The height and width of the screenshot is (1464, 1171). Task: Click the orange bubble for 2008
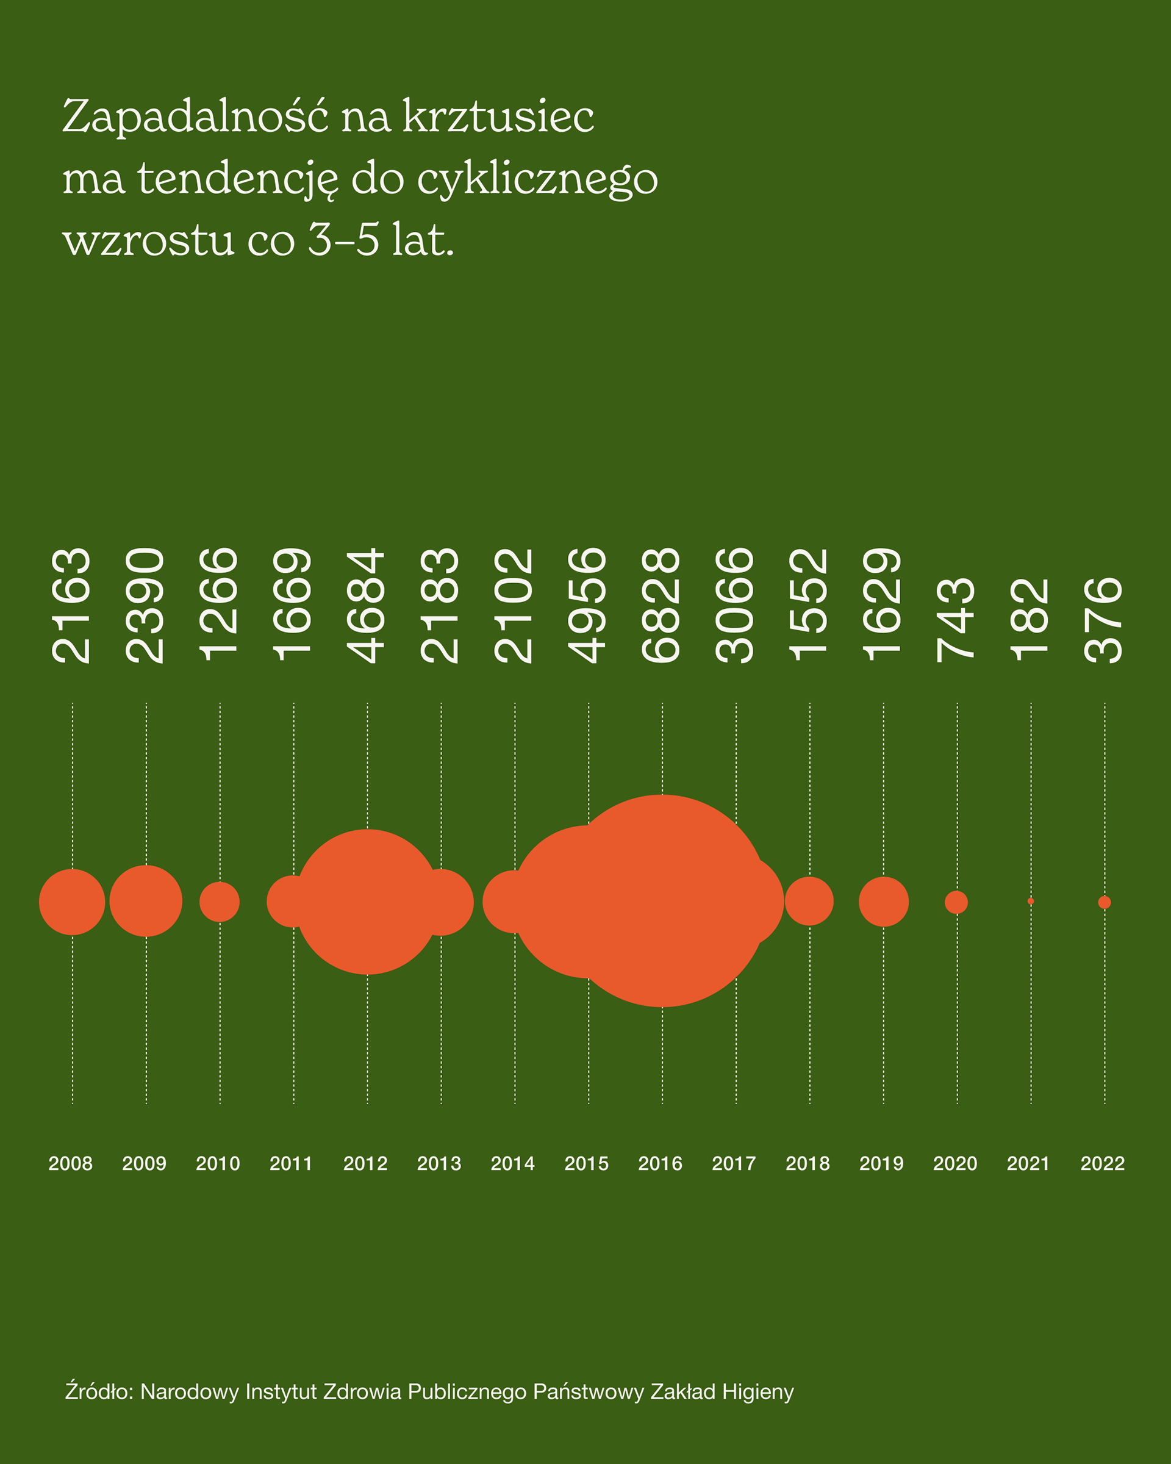pyautogui.click(x=72, y=902)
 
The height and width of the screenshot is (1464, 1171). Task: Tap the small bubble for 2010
pyautogui.click(x=220, y=902)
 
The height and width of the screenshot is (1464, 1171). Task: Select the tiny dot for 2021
pyautogui.click(x=1031, y=901)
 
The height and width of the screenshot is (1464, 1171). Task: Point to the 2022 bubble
pyautogui.click(x=1105, y=902)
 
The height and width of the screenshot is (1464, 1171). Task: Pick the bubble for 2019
pyautogui.click(x=883, y=902)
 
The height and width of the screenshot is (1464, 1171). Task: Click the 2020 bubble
pyautogui.click(x=956, y=902)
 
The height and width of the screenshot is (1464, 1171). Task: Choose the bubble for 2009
pyautogui.click(x=146, y=901)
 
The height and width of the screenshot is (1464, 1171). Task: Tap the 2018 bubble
pyautogui.click(x=809, y=901)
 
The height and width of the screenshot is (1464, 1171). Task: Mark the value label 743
pyautogui.click(x=956, y=619)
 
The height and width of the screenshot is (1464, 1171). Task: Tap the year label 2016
pyautogui.click(x=661, y=1163)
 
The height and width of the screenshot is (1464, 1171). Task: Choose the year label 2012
pyautogui.click(x=365, y=1163)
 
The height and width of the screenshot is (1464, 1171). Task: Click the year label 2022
pyautogui.click(x=1103, y=1163)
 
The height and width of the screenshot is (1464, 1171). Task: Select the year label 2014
pyautogui.click(x=512, y=1163)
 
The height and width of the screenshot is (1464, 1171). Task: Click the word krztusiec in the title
pyautogui.click(x=499, y=117)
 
